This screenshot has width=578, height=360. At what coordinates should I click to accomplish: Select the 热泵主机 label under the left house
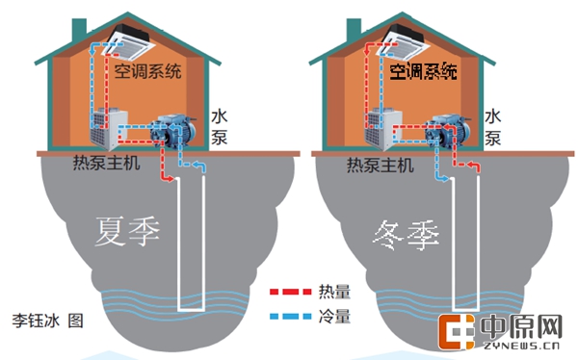[x=106, y=164]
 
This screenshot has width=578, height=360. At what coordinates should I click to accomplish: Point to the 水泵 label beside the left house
[x=219, y=125]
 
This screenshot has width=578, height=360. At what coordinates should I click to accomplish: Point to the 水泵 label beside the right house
[x=493, y=126]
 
